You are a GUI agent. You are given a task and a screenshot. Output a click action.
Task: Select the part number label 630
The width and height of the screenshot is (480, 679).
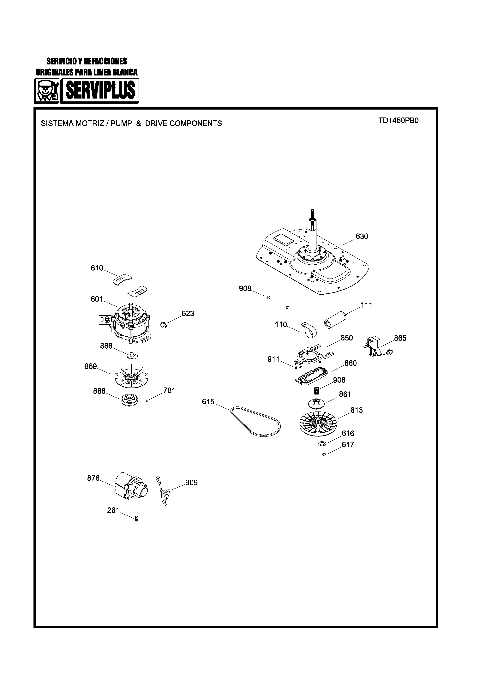362,237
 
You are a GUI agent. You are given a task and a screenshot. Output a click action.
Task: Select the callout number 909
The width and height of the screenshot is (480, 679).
191,483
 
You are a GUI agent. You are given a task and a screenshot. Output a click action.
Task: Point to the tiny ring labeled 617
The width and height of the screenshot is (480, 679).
324,454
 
